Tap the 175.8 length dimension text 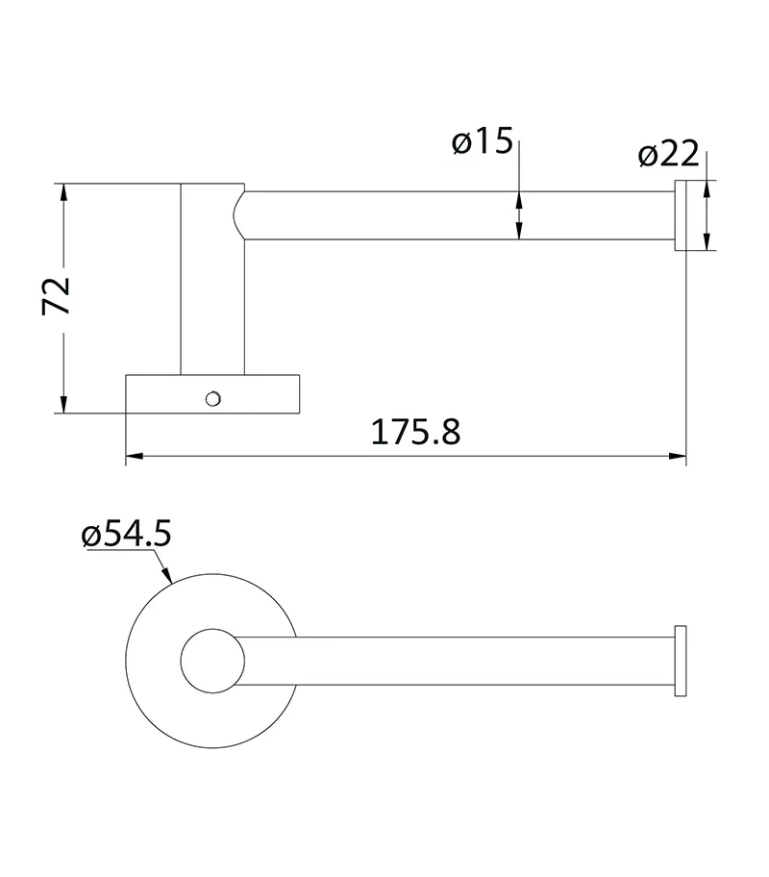(416, 432)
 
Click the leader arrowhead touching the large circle (168, 579)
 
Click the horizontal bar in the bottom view (461, 660)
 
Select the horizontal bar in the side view (461, 215)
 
